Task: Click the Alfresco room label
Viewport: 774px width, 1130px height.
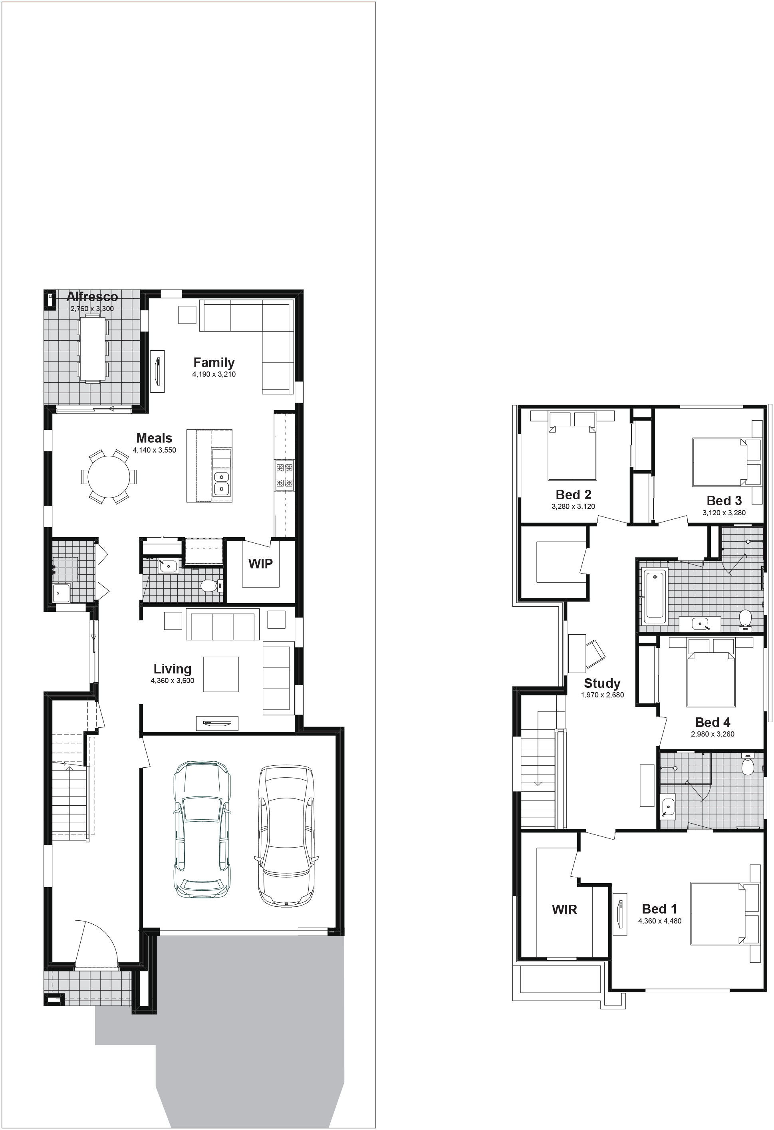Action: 92,297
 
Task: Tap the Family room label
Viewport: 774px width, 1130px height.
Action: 214,362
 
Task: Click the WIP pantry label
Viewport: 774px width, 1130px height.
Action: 260,564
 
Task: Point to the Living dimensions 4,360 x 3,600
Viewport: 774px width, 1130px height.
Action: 172,681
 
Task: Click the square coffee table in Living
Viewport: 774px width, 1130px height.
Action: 221,674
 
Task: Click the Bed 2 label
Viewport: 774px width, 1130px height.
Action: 574,494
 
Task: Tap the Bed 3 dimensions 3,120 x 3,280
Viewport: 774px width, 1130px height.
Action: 724,512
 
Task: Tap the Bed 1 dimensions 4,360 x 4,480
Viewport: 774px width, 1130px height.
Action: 660,921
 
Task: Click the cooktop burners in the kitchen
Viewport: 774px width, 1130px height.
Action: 284,475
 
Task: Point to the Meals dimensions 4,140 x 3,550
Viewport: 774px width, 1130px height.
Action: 155,450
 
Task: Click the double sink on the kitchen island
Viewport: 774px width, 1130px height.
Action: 222,483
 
